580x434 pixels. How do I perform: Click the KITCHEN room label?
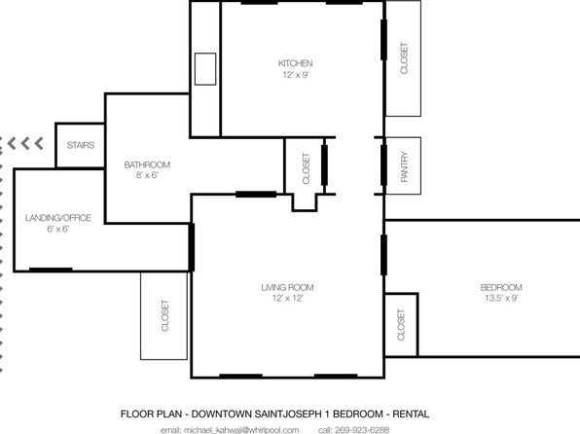(295, 63)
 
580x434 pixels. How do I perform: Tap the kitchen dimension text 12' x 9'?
(296, 75)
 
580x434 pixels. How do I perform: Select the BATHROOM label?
(147, 164)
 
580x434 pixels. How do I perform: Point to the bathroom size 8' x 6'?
(147, 175)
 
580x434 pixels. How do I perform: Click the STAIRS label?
(81, 145)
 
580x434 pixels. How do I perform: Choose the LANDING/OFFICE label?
(58, 218)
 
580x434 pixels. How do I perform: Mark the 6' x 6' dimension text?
(58, 229)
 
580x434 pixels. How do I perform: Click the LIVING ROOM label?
(287, 287)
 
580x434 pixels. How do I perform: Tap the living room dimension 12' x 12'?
(287, 298)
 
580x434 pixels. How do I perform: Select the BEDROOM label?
(501, 287)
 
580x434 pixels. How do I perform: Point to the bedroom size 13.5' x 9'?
(501, 298)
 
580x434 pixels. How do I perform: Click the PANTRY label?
(404, 166)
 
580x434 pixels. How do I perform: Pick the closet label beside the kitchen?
(404, 58)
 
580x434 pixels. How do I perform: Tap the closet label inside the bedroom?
(401, 325)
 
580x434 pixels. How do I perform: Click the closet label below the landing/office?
(165, 315)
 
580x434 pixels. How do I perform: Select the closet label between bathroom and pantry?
(306, 168)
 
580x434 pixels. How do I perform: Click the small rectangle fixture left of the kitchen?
(205, 69)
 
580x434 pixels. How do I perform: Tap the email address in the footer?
(230, 430)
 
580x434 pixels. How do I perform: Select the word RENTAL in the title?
(411, 414)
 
